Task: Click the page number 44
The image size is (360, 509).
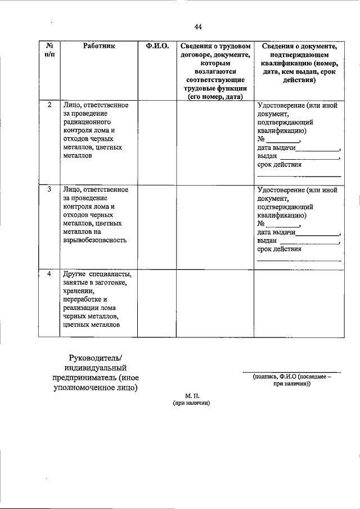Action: click(x=198, y=26)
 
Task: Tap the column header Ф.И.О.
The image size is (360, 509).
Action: click(x=157, y=46)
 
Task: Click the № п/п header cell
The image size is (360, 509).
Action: click(x=49, y=50)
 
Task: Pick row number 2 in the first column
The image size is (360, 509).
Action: click(x=49, y=105)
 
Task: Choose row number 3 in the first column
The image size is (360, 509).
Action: click(x=49, y=190)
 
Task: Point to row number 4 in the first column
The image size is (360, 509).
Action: click(x=49, y=274)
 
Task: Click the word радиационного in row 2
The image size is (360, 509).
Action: click(x=87, y=122)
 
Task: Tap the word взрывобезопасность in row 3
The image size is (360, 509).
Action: click(x=95, y=240)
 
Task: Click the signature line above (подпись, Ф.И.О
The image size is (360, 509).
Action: click(x=291, y=371)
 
